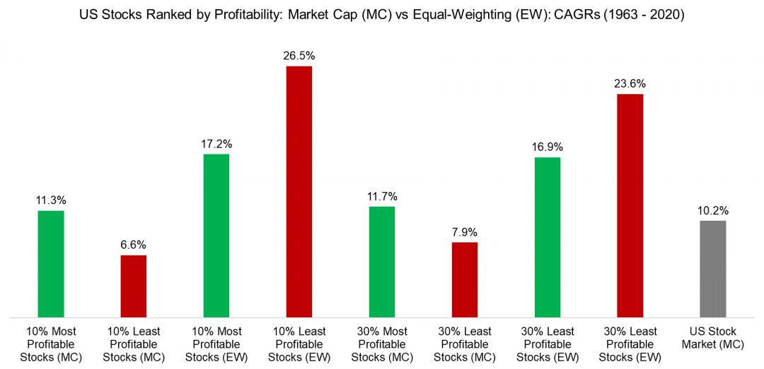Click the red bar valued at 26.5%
[x=299, y=191]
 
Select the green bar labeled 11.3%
[x=51, y=263]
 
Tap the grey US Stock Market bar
[x=712, y=268]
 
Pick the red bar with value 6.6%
[x=134, y=285]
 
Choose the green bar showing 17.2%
[x=216, y=235]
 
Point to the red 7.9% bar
[x=465, y=279]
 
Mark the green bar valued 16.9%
[x=548, y=237]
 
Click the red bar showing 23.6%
[x=630, y=205]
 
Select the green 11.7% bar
[x=382, y=261]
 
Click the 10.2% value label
[x=712, y=210]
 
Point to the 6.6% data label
[x=134, y=245]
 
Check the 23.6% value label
[x=630, y=84]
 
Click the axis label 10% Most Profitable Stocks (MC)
[x=51, y=344]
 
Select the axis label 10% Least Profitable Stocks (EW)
[x=299, y=344]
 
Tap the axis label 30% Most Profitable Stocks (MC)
[x=382, y=344]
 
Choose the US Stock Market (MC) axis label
[x=712, y=338]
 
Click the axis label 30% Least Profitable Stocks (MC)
[x=465, y=344]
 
